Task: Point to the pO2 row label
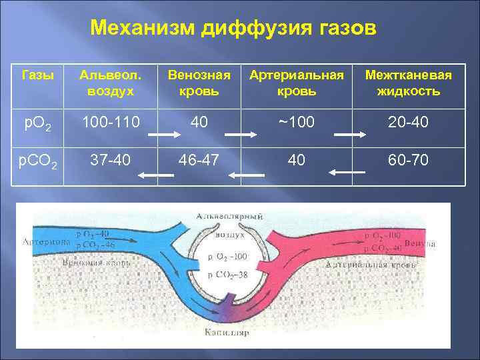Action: [x=34, y=123]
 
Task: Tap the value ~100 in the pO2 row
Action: [x=296, y=123]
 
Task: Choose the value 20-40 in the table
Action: [x=408, y=123]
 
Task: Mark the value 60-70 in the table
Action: [x=408, y=160]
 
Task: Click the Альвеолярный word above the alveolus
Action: [x=229, y=217]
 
